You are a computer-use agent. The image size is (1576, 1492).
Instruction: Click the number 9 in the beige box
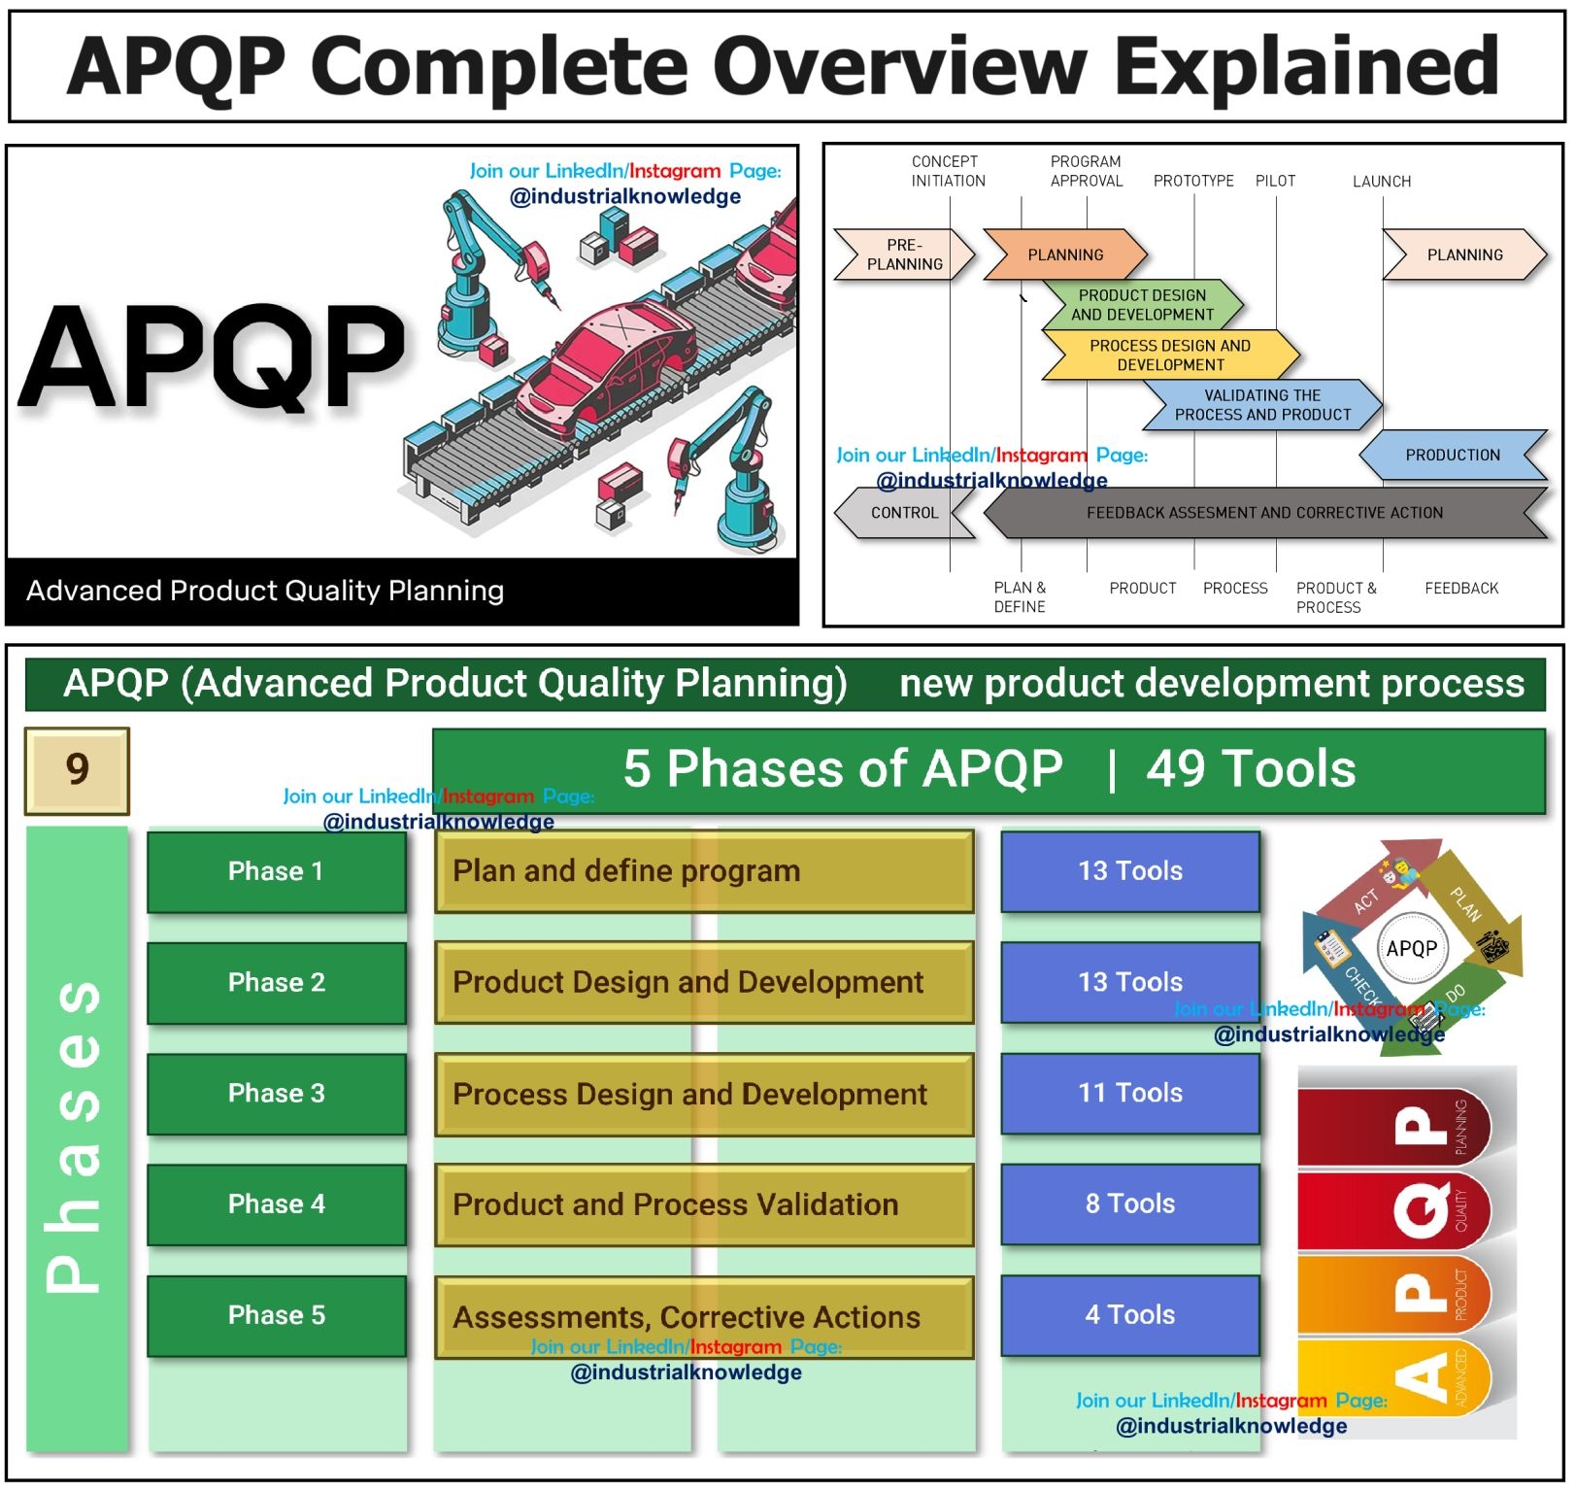(x=77, y=770)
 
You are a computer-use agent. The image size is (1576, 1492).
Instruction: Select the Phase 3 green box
(x=277, y=1094)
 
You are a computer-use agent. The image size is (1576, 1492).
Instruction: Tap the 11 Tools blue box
(x=1130, y=1094)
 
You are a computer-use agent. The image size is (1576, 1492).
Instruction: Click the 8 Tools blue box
(x=1130, y=1204)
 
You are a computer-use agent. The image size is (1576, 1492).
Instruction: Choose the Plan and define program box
(x=704, y=871)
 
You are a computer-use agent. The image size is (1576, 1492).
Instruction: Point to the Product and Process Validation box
(x=704, y=1205)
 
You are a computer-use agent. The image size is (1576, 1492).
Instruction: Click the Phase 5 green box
(x=277, y=1316)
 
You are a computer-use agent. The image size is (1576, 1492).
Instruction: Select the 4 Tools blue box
(x=1130, y=1316)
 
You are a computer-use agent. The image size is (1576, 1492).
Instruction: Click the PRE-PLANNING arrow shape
(x=904, y=254)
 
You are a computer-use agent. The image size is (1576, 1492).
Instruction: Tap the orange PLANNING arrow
(x=1065, y=254)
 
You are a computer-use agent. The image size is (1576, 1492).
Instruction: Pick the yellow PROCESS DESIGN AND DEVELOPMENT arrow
(x=1170, y=356)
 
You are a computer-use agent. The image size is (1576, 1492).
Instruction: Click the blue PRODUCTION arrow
(x=1453, y=456)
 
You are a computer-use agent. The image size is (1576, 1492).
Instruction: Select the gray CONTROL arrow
(x=904, y=513)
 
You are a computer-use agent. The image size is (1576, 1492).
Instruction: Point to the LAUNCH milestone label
(x=1382, y=182)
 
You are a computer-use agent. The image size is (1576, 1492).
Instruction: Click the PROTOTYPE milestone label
(x=1193, y=182)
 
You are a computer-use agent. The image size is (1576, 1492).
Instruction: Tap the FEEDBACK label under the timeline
(x=1461, y=589)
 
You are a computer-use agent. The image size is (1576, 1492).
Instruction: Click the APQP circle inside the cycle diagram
(x=1412, y=949)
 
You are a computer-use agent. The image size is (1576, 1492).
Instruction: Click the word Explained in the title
(x=1306, y=66)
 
